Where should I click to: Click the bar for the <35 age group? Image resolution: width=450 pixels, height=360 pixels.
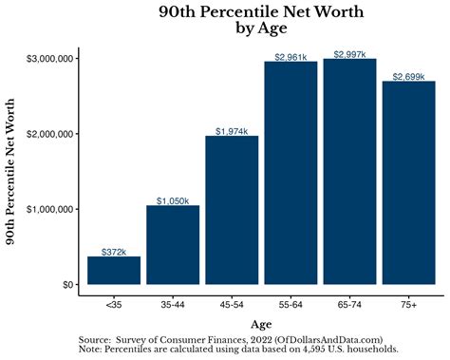114,270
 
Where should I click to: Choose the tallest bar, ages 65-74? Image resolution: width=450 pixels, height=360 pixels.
349,171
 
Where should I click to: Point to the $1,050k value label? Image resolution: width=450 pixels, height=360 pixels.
173,200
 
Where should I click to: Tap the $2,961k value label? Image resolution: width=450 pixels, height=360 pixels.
291,57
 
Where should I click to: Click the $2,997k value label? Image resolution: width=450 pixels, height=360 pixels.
349,54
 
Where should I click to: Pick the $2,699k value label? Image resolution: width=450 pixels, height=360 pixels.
408,76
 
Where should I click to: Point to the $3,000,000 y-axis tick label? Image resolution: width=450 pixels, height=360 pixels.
49,59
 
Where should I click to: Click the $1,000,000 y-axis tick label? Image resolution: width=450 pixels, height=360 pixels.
49,209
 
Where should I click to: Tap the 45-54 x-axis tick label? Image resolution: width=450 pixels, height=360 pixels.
232,304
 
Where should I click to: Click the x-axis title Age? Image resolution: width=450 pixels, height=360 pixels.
260,325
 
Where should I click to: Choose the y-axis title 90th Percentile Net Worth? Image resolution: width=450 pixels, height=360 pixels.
13,169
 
